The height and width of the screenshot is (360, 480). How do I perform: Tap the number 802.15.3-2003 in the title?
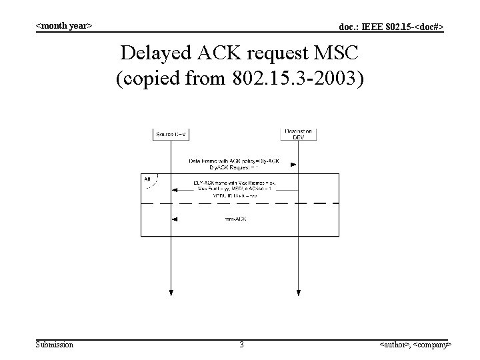click(x=298, y=80)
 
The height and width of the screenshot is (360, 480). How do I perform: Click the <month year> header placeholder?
click(x=63, y=25)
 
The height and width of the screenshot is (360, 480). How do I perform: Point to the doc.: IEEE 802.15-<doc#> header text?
click(x=391, y=27)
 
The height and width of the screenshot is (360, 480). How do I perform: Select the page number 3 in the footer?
click(x=241, y=345)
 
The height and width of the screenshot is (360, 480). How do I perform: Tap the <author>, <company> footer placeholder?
click(x=415, y=345)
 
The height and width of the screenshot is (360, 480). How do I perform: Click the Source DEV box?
click(x=171, y=134)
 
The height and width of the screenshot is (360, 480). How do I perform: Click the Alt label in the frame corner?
click(x=147, y=179)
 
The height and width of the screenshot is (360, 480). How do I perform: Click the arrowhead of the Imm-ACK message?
click(x=174, y=219)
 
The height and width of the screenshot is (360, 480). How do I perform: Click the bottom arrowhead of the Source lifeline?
click(x=171, y=292)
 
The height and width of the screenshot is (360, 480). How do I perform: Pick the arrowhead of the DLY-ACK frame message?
click(x=174, y=191)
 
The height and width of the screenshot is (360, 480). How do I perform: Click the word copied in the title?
click(x=149, y=80)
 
